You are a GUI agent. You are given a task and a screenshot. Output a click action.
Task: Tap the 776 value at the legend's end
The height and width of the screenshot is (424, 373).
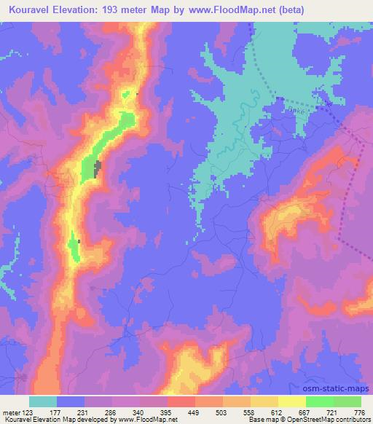coord(359,412)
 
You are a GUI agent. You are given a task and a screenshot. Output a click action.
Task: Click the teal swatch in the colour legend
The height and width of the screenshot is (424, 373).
coord(43,401)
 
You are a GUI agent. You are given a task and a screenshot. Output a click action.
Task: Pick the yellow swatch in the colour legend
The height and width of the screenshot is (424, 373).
coord(292,401)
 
